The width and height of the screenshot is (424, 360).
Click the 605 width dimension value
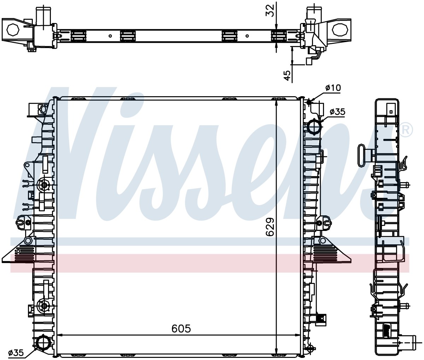(x=181, y=329)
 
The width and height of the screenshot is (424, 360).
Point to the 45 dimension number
(x=287, y=76)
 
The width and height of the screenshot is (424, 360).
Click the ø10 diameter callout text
(x=333, y=88)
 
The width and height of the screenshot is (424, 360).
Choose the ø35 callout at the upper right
(x=337, y=112)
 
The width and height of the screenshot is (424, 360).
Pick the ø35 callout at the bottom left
(x=16, y=353)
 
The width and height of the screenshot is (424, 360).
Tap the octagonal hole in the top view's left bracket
(x=13, y=30)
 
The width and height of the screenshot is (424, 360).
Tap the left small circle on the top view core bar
(x=110, y=36)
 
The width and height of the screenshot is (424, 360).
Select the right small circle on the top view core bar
(x=247, y=36)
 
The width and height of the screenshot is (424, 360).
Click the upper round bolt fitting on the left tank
(x=44, y=185)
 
